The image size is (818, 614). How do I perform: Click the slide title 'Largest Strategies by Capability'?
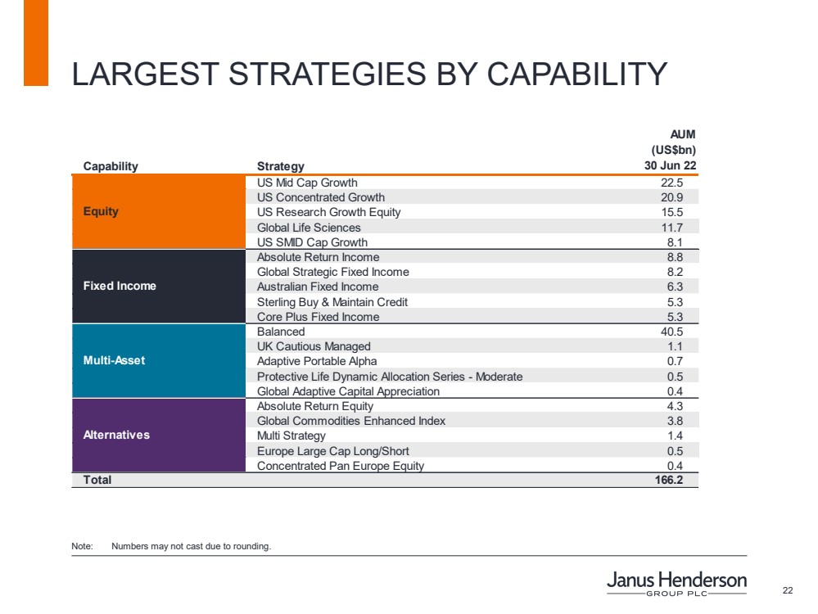coord(369,74)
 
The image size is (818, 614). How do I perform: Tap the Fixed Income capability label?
coord(120,286)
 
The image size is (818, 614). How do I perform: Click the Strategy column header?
coord(280,166)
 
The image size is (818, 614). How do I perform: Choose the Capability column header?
coord(111,166)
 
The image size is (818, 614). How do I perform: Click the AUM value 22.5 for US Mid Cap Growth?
coord(671,183)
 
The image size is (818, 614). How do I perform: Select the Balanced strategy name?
coord(281,332)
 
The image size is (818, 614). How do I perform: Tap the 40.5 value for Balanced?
coord(671,332)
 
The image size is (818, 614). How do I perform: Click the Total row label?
coord(97,480)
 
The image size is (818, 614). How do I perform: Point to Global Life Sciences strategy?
coord(309,227)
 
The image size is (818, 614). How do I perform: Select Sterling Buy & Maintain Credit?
coord(332,301)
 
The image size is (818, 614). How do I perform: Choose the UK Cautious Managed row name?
coord(314,346)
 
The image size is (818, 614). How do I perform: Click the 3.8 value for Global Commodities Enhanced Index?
coord(675,421)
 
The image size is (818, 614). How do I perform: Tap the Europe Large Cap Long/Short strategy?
coord(333,451)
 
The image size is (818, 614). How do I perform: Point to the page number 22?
coord(788,591)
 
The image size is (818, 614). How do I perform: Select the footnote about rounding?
coord(190,545)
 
